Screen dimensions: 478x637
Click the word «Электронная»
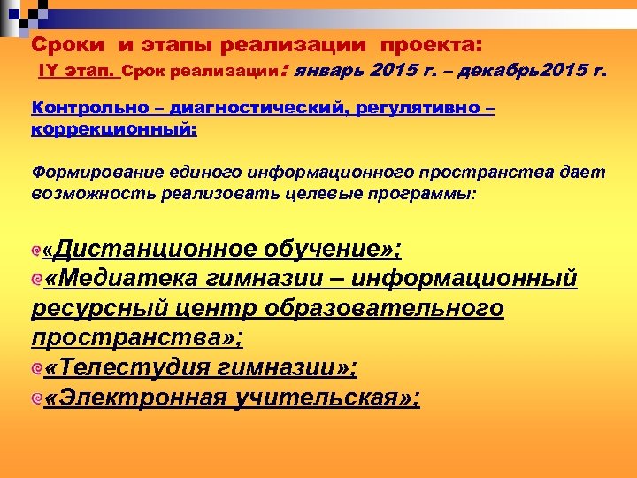pyautogui.click(x=135, y=397)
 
